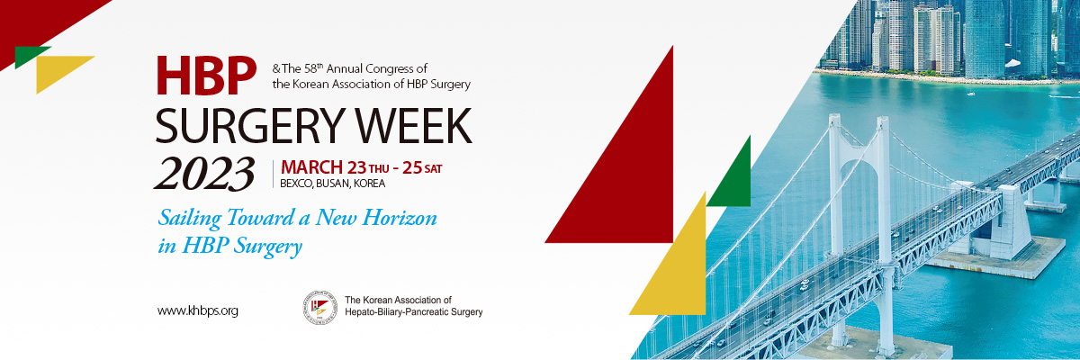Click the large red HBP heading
[206, 76]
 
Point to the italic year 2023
[204, 174]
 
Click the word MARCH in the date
[311, 167]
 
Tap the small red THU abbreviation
[379, 168]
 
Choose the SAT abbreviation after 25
[433, 168]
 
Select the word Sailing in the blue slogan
[190, 219]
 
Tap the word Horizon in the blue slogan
[400, 217]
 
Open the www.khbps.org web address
[198, 310]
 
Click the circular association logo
[320, 308]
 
